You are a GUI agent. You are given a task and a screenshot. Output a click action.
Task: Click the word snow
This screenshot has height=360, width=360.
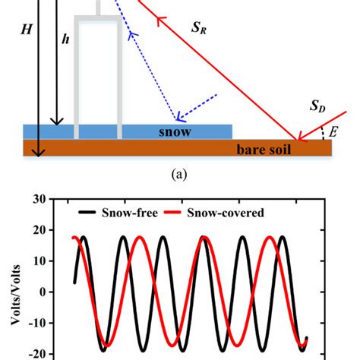pyautogui.click(x=175, y=131)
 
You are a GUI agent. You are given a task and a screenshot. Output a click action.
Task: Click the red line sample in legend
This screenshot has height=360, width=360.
pyautogui.click(x=182, y=214)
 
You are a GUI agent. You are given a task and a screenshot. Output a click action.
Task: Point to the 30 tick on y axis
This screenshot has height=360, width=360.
pyautogui.click(x=35, y=200)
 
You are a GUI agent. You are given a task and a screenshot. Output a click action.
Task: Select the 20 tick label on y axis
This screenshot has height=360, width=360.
pyautogui.click(x=35, y=231)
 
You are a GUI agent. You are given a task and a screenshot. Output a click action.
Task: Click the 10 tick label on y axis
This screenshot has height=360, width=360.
pyautogui.click(x=35, y=261)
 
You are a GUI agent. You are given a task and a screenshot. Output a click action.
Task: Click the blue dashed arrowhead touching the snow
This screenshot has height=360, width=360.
pyautogui.click(x=180, y=118)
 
